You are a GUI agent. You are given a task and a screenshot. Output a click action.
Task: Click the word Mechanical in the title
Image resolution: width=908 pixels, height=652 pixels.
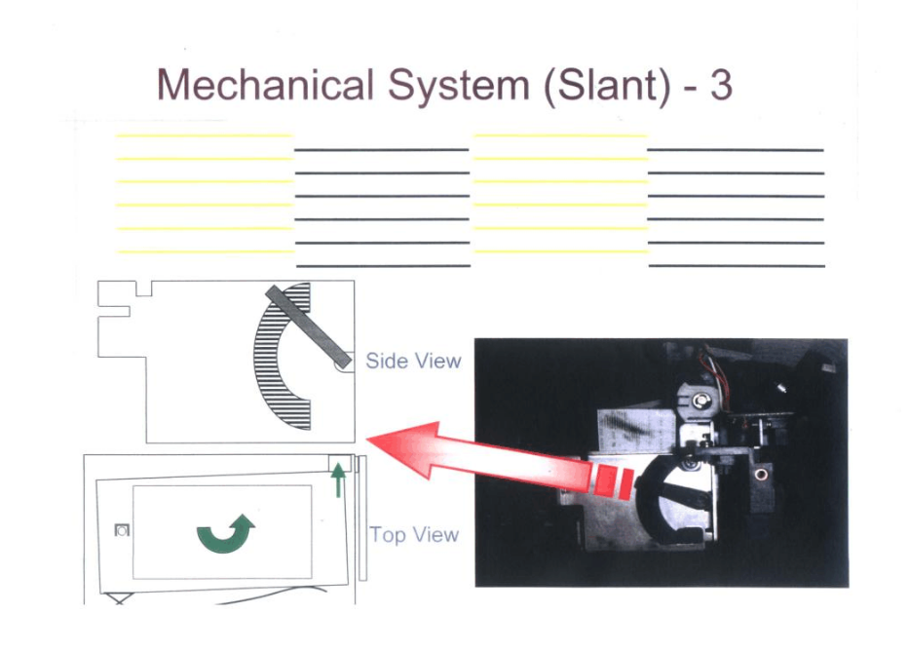click(x=265, y=86)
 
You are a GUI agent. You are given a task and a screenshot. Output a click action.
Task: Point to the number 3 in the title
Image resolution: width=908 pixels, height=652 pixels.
click(x=720, y=86)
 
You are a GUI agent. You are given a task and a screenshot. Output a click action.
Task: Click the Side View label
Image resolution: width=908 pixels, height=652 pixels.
click(x=413, y=361)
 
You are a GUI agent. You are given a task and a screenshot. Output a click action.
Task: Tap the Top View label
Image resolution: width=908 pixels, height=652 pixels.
click(x=414, y=534)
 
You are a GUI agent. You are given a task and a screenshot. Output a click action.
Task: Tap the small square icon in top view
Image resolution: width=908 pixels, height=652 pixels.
click(x=122, y=530)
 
